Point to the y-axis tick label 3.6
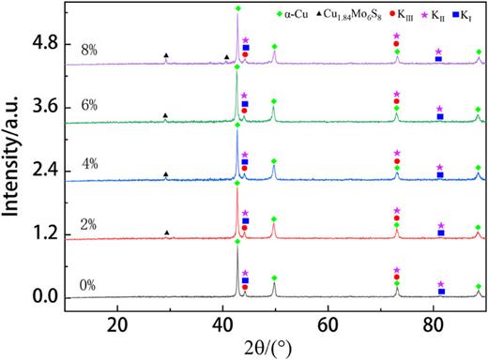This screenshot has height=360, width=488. coord(44,107)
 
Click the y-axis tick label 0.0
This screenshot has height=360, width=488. coord(44,297)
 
